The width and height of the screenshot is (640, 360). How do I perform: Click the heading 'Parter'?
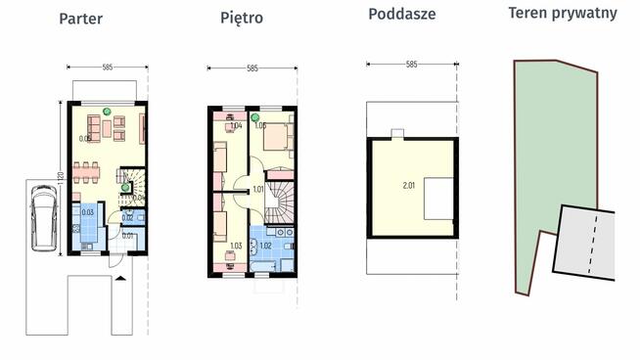pyautogui.click(x=80, y=19)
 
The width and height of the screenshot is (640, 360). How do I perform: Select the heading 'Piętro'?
pyautogui.click(x=241, y=18)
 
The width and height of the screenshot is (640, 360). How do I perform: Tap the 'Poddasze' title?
pyautogui.click(x=401, y=14)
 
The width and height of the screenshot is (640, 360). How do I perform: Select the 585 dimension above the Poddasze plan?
pyautogui.click(x=410, y=65)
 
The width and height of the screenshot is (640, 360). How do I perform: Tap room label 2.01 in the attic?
pyautogui.click(x=409, y=184)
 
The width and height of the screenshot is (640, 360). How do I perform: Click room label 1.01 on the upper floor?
pyautogui.click(x=258, y=188)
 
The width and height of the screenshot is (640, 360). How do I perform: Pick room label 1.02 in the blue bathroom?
pyautogui.click(x=265, y=247)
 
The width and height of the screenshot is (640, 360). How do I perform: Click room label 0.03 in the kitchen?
pyautogui.click(x=87, y=212)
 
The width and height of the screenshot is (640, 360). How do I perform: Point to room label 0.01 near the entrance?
pyautogui.click(x=127, y=236)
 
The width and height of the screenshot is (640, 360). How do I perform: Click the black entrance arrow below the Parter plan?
pyautogui.click(x=120, y=278)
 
